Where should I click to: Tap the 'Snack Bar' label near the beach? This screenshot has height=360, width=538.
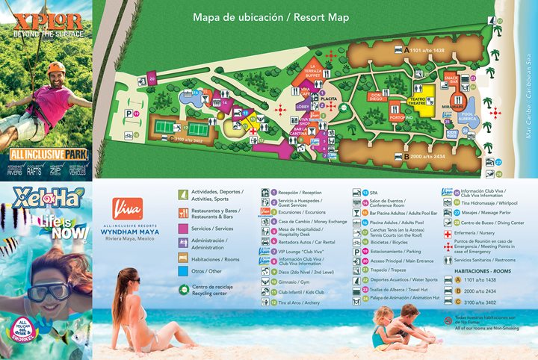451,77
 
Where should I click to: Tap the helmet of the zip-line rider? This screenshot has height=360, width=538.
56,66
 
